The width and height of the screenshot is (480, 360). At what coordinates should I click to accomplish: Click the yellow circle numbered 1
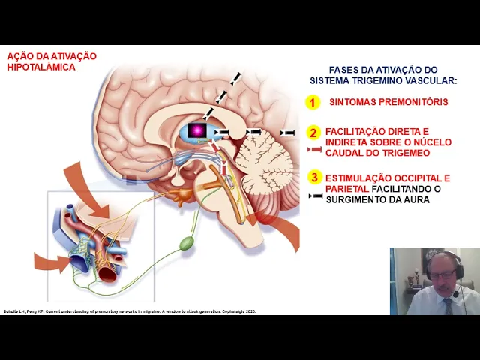[x=313, y=102]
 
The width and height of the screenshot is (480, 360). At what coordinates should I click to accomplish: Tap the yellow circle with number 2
[x=314, y=133]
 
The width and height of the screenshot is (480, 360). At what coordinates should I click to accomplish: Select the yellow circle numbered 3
[x=314, y=178]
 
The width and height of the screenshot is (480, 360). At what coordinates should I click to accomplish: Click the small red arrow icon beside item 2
[x=314, y=151]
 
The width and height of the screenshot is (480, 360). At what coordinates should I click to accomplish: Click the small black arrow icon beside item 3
[x=316, y=196]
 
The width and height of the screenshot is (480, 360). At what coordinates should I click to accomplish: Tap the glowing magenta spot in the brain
[x=197, y=130]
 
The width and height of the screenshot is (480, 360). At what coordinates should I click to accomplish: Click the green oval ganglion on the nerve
[x=187, y=243]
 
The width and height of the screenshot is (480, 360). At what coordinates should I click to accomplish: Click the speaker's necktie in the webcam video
[x=448, y=306]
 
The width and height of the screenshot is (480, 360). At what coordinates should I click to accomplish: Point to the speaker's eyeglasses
[x=444, y=274]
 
